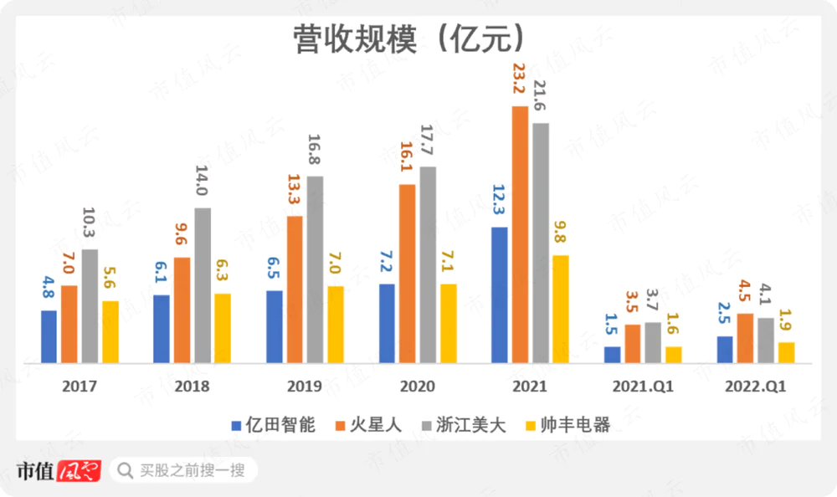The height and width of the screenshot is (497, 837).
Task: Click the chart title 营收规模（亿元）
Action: coord(409,38)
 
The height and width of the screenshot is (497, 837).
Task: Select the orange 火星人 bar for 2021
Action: coord(521,235)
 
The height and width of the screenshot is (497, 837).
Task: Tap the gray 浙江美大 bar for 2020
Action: coord(428,264)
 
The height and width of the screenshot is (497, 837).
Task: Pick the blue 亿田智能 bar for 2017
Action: coord(49,336)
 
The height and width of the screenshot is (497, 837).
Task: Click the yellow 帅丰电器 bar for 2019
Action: coord(336,325)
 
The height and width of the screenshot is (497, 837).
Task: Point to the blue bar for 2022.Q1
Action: coord(725,350)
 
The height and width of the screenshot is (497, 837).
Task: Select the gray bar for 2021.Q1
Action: coord(653,342)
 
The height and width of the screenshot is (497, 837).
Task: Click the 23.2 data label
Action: coord(520,85)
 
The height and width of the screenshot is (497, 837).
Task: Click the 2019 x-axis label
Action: coord(305,387)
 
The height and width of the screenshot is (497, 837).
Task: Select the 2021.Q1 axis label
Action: coord(643,387)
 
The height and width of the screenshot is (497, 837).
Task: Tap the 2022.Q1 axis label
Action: coord(756,387)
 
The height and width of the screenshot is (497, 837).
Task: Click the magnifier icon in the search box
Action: coord(126,470)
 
